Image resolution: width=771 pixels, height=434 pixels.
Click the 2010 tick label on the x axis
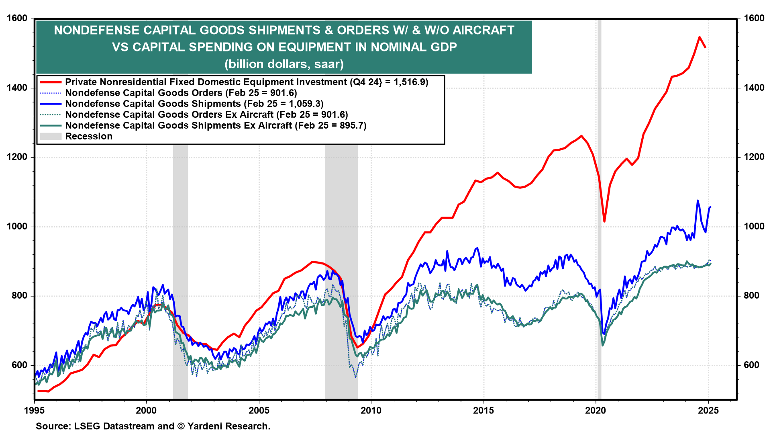coord(371,411)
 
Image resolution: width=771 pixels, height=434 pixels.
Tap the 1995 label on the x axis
coord(34,411)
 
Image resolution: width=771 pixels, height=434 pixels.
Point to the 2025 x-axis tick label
coord(708,411)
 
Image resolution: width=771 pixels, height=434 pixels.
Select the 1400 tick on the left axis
coord(17,88)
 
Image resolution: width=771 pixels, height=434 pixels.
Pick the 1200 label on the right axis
coord(754,157)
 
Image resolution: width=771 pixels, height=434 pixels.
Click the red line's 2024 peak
coord(700,37)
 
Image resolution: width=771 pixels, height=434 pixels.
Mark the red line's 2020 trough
coord(604,221)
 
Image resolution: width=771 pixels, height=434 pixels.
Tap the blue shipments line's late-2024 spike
coord(698,201)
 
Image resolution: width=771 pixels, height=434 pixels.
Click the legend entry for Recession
coord(89,137)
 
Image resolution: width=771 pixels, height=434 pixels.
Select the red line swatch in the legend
coord(51,82)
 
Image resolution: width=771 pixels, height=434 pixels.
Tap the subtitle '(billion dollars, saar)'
coord(284,64)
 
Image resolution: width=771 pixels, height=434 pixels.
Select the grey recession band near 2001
coord(180,241)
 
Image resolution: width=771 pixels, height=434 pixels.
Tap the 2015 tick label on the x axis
coord(483,411)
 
